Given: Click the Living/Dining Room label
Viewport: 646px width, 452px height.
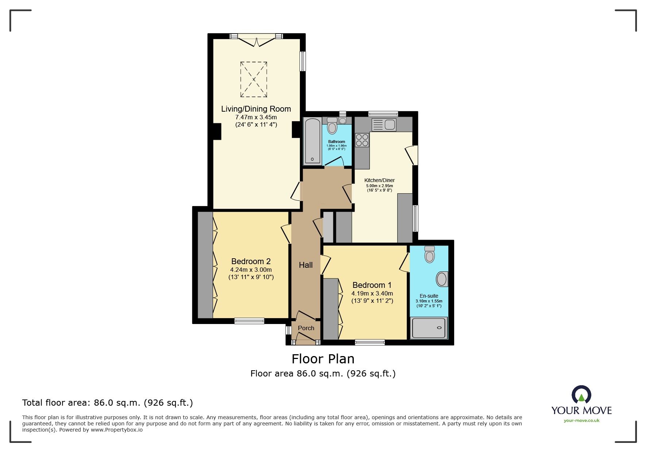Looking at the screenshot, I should point(256,109).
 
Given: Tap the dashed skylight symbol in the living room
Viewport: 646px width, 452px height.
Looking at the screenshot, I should point(254,80).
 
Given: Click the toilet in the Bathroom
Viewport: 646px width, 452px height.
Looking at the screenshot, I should point(332,126).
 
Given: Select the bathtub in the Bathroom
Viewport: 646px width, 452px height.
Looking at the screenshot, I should point(312,141).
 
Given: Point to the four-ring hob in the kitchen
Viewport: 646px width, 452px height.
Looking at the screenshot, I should point(362,140).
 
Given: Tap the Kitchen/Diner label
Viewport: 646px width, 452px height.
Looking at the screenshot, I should point(379,180).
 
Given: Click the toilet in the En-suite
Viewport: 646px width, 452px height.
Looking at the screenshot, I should point(430,254).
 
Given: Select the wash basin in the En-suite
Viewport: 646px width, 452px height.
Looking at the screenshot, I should point(442,279).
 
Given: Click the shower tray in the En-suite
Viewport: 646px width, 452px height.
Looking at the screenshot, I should point(429,328).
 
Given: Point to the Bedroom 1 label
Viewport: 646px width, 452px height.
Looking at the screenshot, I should point(372,285).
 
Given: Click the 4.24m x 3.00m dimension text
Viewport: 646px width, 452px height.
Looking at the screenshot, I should point(251,270).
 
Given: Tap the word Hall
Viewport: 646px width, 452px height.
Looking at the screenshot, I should point(306,265).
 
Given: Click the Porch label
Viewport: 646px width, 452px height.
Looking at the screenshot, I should point(306,328).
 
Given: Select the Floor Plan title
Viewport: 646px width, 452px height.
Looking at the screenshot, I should point(323,359).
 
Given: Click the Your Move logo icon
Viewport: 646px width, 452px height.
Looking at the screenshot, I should point(581,395).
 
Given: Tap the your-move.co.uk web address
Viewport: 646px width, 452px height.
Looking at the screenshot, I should point(581,420).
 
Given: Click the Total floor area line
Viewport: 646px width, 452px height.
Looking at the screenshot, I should point(107,403).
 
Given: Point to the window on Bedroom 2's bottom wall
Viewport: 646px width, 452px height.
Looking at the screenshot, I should point(249,321).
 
